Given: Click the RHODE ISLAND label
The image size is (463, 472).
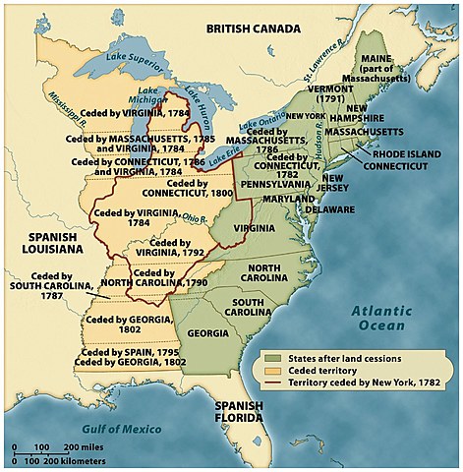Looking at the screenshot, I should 410,152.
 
